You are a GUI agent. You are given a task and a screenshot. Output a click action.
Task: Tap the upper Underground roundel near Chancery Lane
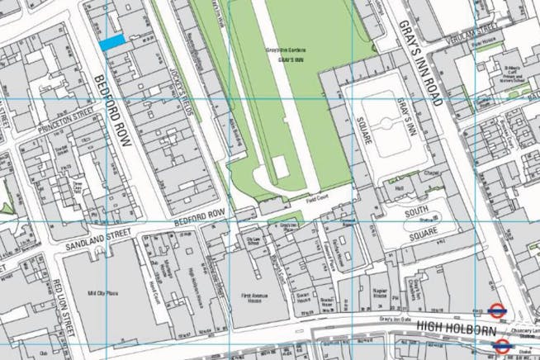click(x=497, y=311)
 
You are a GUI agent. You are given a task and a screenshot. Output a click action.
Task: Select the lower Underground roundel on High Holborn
click(x=500, y=345)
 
